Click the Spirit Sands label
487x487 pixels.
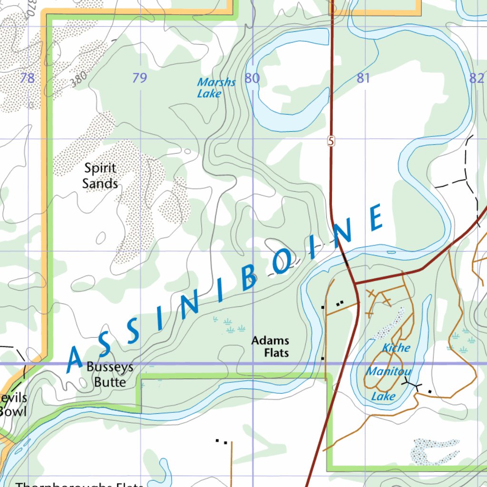click(x=100, y=175)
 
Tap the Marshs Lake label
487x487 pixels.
click(x=216, y=88)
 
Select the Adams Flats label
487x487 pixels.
click(x=270, y=346)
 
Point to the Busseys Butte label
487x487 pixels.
click(x=110, y=375)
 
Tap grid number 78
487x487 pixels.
click(x=28, y=78)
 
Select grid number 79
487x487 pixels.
click(x=139, y=78)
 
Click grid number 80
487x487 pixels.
click(x=252, y=78)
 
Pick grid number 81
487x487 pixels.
click(x=363, y=78)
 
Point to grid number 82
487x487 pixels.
click(x=476, y=78)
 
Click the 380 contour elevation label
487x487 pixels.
click(x=79, y=81)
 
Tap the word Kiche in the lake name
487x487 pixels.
click(x=396, y=348)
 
